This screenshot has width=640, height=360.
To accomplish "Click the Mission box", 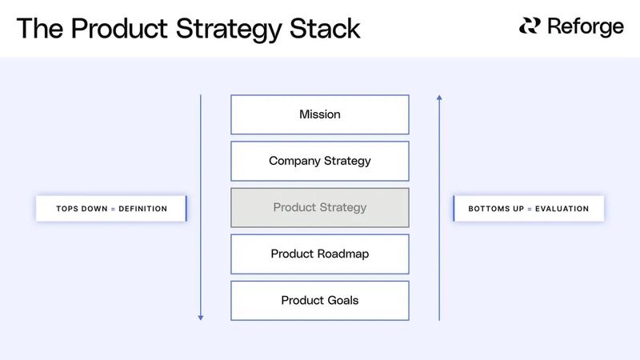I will (x=320, y=114).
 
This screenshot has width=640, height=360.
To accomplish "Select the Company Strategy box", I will (x=320, y=161).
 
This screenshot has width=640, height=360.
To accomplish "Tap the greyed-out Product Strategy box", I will (x=320, y=207).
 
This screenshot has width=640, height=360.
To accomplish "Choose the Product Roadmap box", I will (x=320, y=254).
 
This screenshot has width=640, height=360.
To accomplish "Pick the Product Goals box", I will (x=320, y=300).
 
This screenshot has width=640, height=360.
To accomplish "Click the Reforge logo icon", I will (x=530, y=26).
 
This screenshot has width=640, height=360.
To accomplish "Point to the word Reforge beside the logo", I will (x=585, y=27).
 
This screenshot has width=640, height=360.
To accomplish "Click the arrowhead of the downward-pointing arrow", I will (x=201, y=317).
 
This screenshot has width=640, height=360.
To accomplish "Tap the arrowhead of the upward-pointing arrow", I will (x=439, y=98).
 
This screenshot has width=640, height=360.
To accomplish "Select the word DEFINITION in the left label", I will (x=143, y=209).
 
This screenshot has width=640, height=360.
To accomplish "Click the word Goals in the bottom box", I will (x=342, y=300).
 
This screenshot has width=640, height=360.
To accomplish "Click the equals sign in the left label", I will (x=113, y=209).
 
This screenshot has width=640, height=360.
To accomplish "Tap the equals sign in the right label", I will (x=529, y=209).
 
